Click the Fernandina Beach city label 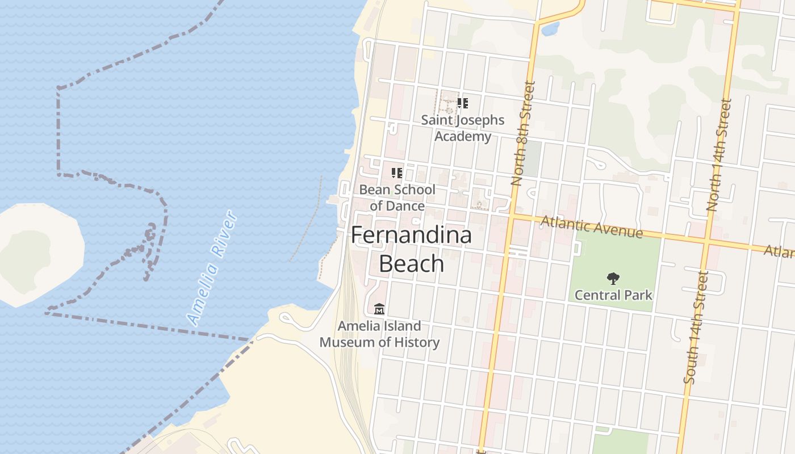[x=411, y=249]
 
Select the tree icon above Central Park [x=613, y=279]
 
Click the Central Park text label [x=613, y=295]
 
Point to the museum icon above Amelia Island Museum [x=379, y=309]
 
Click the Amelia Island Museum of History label [x=379, y=334]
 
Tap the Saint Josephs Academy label [x=462, y=128]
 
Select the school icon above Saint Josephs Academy [x=462, y=103]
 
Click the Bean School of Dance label [x=397, y=197]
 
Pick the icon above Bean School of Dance [x=397, y=173]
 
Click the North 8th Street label [x=523, y=134]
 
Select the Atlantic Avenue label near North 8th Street [x=592, y=227]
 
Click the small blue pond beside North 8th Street [x=550, y=28]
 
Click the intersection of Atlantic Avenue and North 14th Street [x=706, y=242]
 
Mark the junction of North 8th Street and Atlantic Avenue [x=511, y=216]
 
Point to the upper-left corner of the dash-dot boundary [x=58, y=88]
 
